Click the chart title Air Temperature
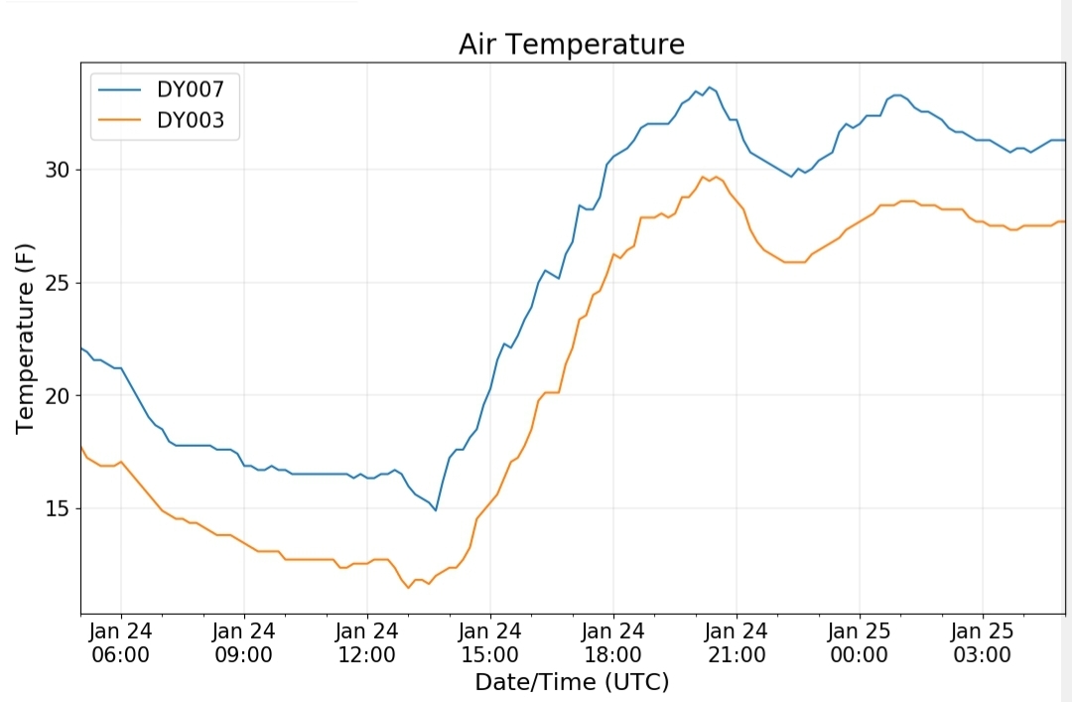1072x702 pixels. pos(572,45)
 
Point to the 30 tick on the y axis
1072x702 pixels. pos(58,170)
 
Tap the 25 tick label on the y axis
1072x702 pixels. pos(58,283)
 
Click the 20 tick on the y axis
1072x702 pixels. pos(58,395)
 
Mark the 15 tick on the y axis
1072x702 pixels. pos(58,508)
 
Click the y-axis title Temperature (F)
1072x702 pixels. pos(25,338)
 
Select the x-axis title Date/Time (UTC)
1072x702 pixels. pos(572,682)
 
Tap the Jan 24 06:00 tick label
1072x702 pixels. pos(120,642)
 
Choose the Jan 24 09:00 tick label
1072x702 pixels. pos(243,642)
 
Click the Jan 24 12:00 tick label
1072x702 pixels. pos(366,642)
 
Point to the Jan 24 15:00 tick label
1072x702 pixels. pos(489,642)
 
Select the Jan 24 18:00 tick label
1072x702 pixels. pos(612,642)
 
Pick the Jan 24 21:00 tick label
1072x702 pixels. pos(737,642)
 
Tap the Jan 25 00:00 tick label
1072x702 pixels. pos(860,642)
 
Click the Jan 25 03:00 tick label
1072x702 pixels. pos(983,642)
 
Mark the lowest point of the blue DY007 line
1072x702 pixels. pos(436,510)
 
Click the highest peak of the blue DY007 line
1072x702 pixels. pos(709,87)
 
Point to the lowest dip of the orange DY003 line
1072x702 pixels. pos(408,588)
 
